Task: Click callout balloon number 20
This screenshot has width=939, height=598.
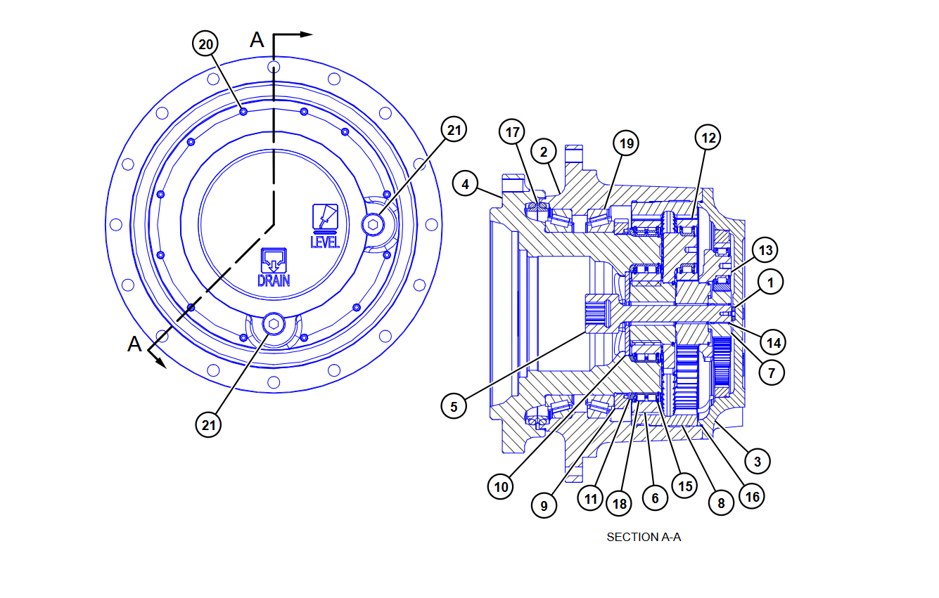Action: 205,44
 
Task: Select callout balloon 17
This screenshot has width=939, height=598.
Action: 513,131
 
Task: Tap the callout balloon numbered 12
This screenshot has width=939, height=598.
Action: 708,138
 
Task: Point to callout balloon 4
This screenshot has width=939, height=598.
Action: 465,185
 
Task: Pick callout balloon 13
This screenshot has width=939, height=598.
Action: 765,250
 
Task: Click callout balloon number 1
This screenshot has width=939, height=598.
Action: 771,282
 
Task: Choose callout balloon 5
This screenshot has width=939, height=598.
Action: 454,405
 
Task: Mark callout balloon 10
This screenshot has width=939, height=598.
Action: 501,486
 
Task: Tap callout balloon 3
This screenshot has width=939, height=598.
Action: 757,461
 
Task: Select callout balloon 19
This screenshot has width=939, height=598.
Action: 625,144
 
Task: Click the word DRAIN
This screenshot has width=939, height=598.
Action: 274,281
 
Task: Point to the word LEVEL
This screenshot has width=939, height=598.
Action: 325,242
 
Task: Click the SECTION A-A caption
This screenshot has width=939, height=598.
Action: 644,537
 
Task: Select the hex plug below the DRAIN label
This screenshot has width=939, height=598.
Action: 273,324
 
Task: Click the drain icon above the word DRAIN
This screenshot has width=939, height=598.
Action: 273,260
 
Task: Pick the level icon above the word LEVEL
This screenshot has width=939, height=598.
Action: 325,217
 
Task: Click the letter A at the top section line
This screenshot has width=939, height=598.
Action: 257,40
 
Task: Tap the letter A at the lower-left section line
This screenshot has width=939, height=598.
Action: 134,344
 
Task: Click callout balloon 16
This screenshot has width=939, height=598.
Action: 751,496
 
